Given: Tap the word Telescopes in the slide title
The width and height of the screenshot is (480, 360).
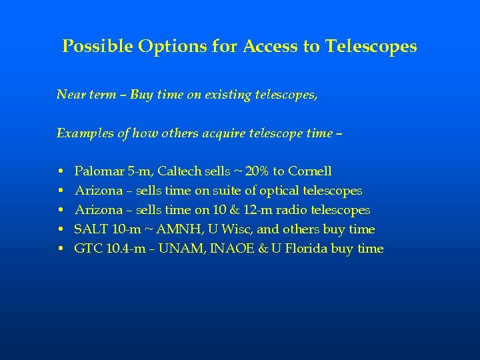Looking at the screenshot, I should coord(371,47).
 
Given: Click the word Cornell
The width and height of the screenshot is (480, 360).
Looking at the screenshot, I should coord(309,171).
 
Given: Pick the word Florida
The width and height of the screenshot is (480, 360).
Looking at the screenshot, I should coord(311,249).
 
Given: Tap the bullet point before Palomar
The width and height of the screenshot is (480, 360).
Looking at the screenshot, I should coord(60,172).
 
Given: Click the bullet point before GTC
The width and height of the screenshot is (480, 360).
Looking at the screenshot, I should coord(60,249).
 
